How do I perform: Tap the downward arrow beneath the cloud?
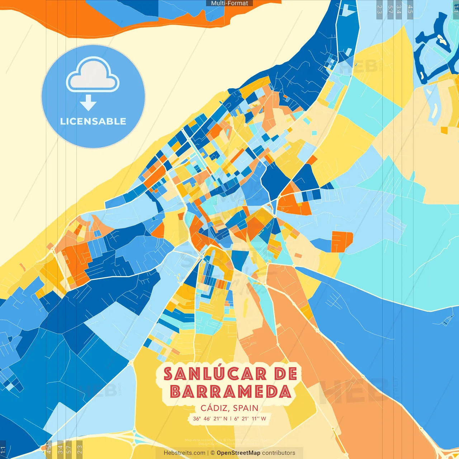click(88, 103)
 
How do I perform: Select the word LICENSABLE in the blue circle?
click(93, 121)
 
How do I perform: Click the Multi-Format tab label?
click(229, 3)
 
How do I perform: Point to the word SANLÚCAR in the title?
click(215, 374)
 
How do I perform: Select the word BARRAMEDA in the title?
click(231, 391)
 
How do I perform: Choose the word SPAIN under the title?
click(246, 408)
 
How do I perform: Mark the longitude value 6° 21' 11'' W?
click(250, 418)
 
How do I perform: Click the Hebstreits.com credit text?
click(184, 453)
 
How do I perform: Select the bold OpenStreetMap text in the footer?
click(238, 453)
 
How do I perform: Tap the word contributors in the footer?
click(279, 453)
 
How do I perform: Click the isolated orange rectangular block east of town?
click(341, 241)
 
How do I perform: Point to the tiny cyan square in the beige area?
click(314, 133)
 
